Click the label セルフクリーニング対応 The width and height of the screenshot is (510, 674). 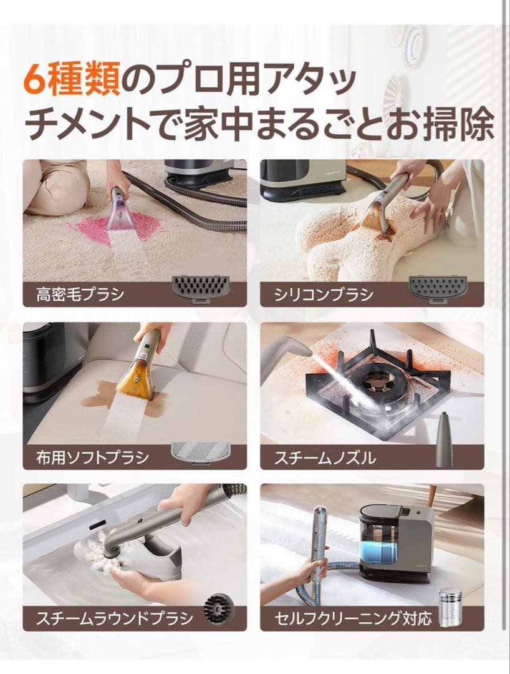click(353, 619)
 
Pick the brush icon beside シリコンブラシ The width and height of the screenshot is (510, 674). click(437, 288)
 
